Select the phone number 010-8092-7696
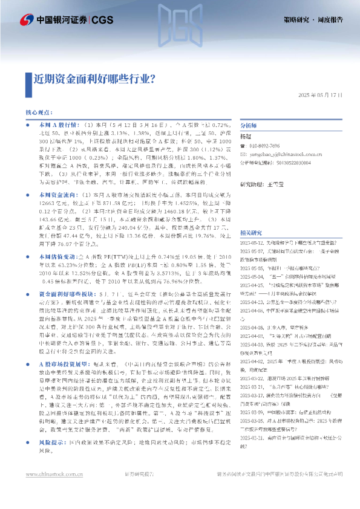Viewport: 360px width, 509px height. click(x=266, y=146)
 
